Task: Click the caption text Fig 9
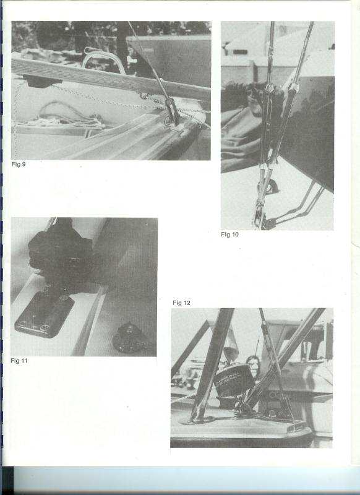tap(19, 164)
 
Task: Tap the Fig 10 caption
tap(229, 235)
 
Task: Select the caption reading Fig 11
tap(19, 361)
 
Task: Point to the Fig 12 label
tap(181, 303)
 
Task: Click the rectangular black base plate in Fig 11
tap(44, 314)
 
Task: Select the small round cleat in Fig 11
tap(130, 337)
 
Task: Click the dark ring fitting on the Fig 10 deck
tap(271, 187)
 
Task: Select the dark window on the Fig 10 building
tap(240, 52)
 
